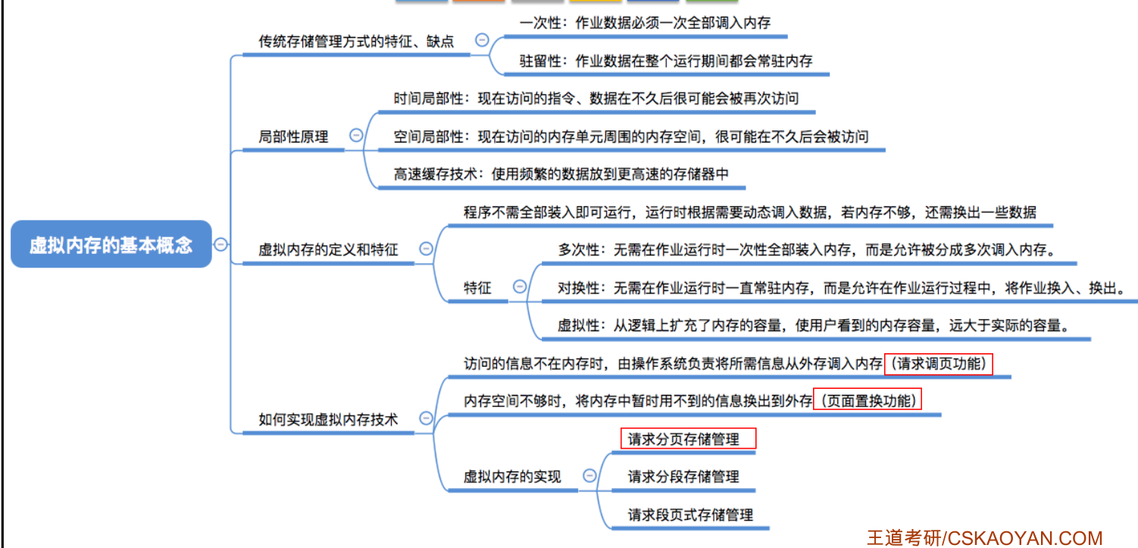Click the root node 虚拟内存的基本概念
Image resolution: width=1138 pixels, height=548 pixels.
click(x=111, y=245)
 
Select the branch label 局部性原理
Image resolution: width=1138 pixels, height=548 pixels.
click(x=293, y=137)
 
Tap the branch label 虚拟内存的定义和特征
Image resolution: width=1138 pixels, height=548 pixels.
click(x=328, y=249)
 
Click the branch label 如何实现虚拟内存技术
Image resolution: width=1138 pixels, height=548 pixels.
click(x=328, y=419)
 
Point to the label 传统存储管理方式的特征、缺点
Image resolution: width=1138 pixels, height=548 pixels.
click(x=356, y=42)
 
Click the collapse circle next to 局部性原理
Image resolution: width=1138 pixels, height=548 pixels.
click(x=356, y=136)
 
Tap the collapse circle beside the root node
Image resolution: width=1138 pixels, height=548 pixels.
click(x=220, y=244)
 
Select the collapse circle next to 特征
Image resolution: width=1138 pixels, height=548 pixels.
click(x=520, y=287)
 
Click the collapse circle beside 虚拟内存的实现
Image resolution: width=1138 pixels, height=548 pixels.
click(x=589, y=475)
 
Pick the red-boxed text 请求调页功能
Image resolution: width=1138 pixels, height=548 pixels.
click(x=938, y=364)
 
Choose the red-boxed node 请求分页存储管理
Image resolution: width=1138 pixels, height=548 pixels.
click(x=688, y=439)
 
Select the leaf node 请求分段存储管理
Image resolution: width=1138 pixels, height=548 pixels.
click(x=683, y=477)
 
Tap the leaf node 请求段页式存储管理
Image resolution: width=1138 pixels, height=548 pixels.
click(x=690, y=515)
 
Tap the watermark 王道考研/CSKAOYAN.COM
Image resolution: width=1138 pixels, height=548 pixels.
click(x=984, y=538)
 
